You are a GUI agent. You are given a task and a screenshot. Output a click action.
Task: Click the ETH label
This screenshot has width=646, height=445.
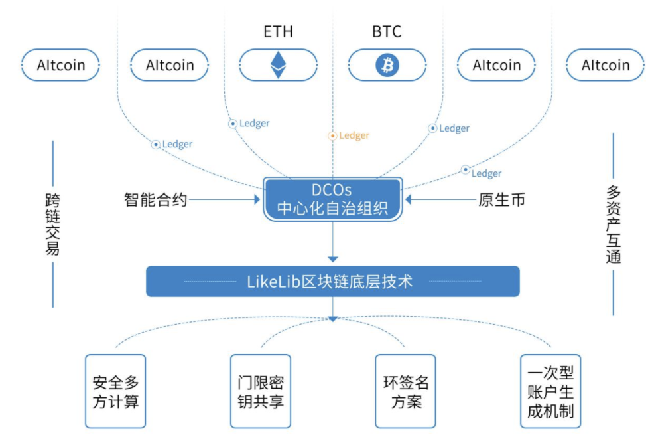click(x=278, y=31)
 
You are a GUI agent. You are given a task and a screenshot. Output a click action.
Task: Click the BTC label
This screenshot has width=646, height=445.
click(x=387, y=31)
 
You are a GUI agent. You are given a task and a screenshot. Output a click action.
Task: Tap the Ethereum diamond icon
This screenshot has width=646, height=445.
click(x=278, y=65)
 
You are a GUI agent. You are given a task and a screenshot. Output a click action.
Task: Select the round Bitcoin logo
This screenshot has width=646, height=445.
click(x=387, y=65)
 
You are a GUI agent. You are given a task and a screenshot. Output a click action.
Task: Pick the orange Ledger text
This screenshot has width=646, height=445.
click(x=354, y=135)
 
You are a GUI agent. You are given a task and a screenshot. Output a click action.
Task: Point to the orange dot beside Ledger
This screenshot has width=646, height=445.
click(x=332, y=135)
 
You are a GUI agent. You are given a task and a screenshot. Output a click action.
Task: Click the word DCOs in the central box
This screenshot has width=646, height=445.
click(x=332, y=190)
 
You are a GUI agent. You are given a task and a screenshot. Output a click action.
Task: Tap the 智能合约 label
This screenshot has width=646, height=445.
click(x=156, y=199)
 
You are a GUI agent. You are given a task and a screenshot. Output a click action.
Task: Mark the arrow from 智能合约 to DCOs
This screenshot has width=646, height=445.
click(x=226, y=199)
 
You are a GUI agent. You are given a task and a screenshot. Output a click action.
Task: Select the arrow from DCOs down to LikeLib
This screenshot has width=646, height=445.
click(x=333, y=243)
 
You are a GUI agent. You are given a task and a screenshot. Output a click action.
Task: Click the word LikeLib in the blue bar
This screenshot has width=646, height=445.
click(x=273, y=282)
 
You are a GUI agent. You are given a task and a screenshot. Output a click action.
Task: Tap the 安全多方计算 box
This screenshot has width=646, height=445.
click(x=115, y=392)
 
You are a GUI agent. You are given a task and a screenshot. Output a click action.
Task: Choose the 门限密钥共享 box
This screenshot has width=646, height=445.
click(x=260, y=392)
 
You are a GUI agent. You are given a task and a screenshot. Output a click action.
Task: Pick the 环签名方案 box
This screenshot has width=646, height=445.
click(x=405, y=392)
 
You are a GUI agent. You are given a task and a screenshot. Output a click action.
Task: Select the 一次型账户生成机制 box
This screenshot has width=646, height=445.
click(x=550, y=392)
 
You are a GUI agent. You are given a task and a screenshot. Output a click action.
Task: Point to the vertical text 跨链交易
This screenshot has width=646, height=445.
click(x=52, y=224)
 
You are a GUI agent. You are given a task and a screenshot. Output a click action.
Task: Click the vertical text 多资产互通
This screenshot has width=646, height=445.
click(x=613, y=224)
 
